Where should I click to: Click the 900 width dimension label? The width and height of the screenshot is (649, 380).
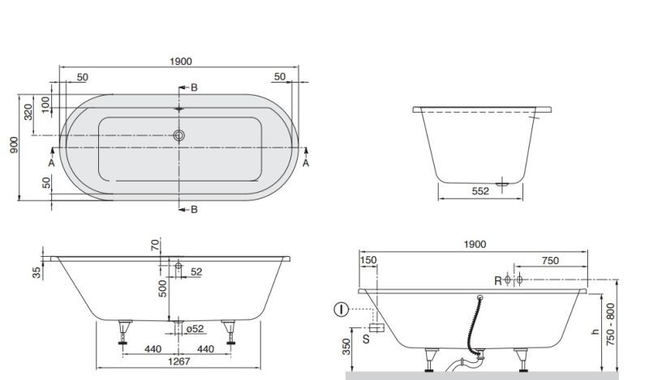click(14, 145)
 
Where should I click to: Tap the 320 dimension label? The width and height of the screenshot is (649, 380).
click(28, 112)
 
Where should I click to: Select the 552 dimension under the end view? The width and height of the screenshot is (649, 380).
click(480, 191)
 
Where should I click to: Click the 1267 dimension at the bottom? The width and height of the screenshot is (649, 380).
click(178, 361)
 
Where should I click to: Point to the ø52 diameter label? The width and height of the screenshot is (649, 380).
click(195, 329)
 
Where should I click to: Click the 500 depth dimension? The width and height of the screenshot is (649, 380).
click(163, 288)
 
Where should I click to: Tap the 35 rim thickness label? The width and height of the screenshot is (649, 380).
click(37, 272)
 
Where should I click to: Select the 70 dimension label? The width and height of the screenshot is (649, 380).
click(155, 246)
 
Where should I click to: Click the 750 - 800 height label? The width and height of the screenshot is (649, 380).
click(611, 325)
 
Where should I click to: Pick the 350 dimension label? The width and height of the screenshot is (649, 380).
click(346, 347)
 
